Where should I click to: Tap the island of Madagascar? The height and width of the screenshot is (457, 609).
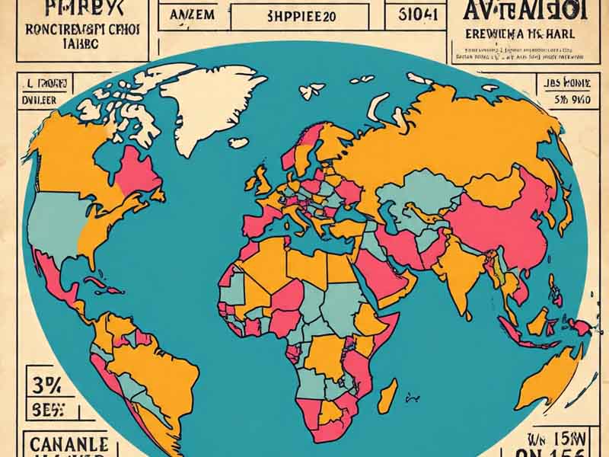point(387,397)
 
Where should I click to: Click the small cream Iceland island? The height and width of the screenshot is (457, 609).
point(238,142)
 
